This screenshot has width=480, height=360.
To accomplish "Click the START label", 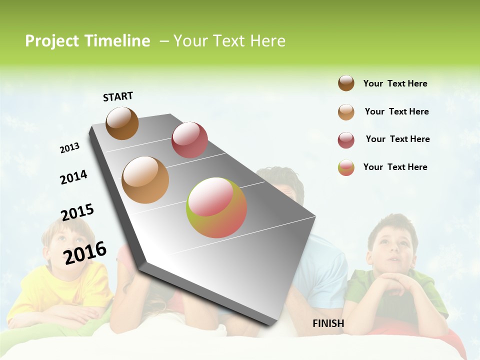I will pos(118,96).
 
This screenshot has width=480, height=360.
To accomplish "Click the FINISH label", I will pos(328,323).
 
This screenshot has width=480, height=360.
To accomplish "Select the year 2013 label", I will pos(69,148).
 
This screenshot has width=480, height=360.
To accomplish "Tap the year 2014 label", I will pos(73,177).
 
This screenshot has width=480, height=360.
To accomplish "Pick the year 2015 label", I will pos(77,212).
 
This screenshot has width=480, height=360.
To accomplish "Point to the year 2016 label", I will pos(85,252).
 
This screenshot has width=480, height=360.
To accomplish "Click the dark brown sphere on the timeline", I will pos(122,123).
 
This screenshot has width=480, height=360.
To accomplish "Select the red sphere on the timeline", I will pos(189,140).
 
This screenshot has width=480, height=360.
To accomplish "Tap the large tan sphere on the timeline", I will pos(145,180).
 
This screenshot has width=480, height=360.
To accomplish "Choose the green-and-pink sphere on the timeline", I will pos(216,207).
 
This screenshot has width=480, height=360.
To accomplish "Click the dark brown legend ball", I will pos(346,83).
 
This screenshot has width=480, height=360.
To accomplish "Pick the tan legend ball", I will pos(346,112).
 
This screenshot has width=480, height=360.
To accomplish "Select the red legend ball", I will pos(346,140).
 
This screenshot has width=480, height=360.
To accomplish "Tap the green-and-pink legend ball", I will pos(346,167).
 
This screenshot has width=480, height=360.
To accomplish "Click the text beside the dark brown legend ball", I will pos(395,83).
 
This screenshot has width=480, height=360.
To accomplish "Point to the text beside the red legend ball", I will pos(397,139).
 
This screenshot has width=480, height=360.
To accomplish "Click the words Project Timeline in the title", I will pos(87,41).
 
